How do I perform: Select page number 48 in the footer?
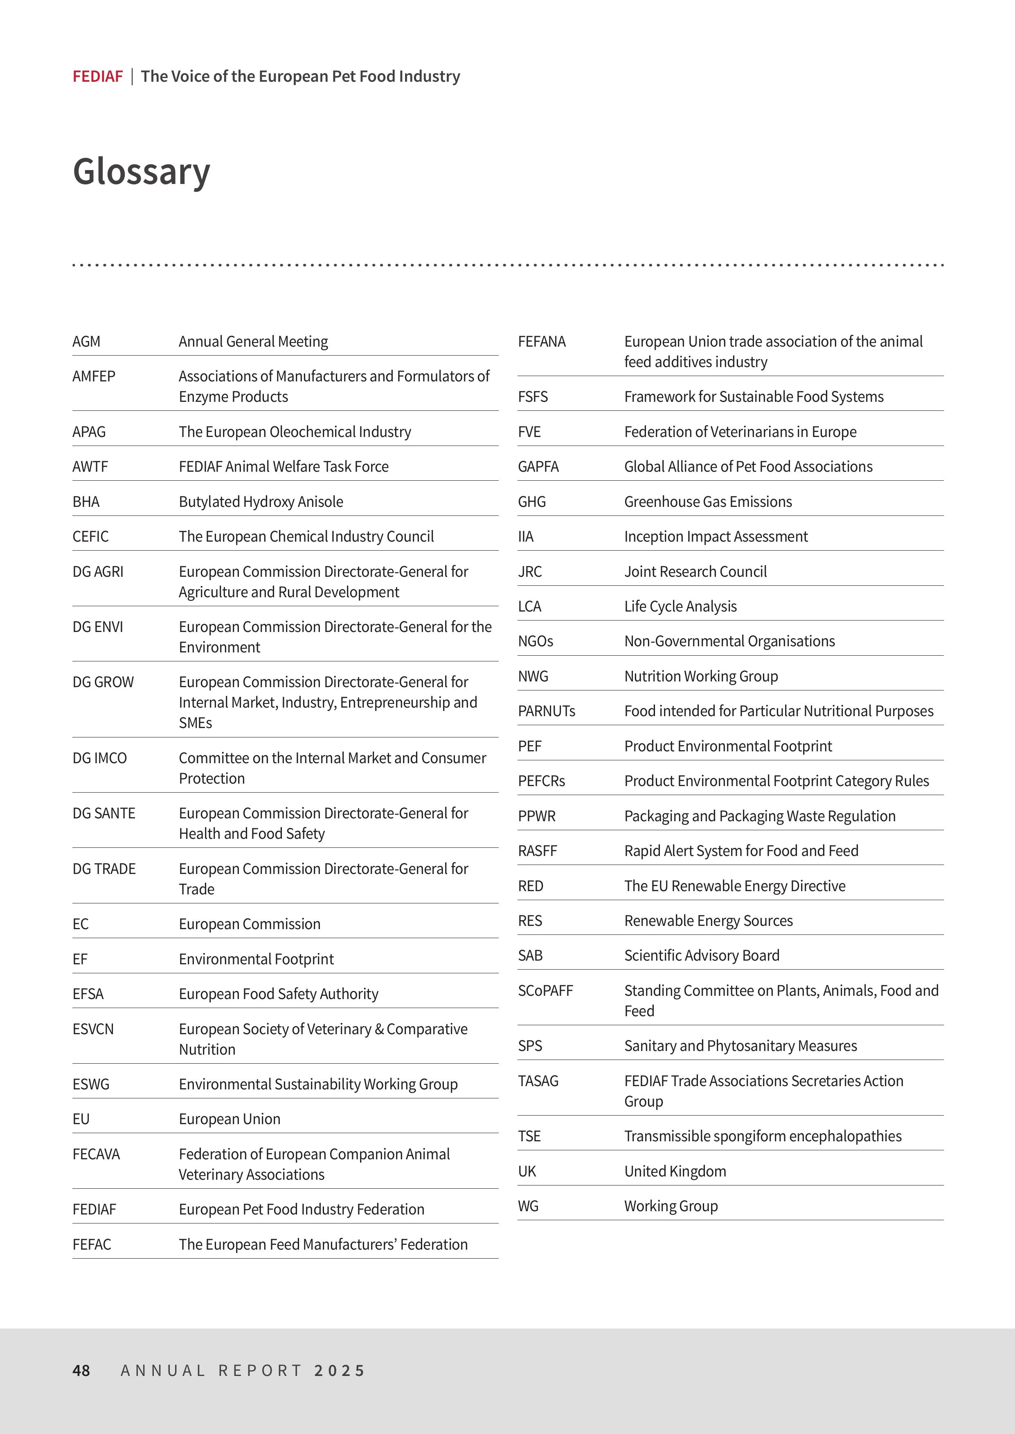click(81, 1370)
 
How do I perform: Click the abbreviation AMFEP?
click(94, 376)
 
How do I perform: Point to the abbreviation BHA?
click(86, 502)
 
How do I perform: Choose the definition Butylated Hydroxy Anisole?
click(261, 502)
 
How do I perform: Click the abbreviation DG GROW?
click(103, 682)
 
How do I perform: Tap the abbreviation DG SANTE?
click(104, 813)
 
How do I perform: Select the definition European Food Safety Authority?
click(278, 994)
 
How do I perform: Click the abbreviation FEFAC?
click(92, 1244)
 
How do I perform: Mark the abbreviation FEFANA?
click(542, 342)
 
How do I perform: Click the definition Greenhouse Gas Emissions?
click(707, 502)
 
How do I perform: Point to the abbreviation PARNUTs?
click(546, 711)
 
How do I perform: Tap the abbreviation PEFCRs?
click(541, 781)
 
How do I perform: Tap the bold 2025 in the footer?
click(340, 1370)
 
